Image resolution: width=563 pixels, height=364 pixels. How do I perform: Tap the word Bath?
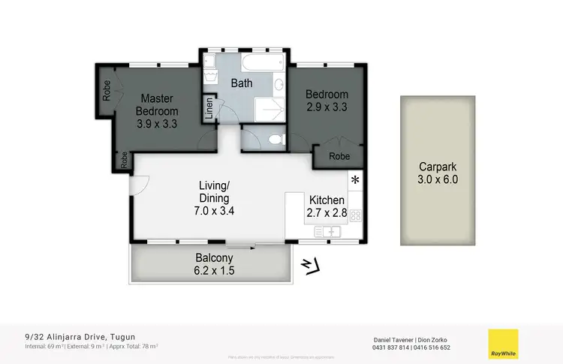click(x=241, y=83)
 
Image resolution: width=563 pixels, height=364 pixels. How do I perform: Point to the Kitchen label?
click(x=327, y=200)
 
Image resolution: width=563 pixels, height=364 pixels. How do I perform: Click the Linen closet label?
click(x=209, y=110)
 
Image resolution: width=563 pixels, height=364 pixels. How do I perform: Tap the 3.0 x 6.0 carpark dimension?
click(x=438, y=179)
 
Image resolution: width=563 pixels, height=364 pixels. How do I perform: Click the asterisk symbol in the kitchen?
click(x=355, y=180)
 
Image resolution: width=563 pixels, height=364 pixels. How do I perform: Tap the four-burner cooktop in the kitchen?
click(x=355, y=215)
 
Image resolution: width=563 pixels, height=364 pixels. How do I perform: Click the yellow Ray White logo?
click(x=503, y=344)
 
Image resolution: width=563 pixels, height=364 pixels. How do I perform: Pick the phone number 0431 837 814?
click(x=392, y=347)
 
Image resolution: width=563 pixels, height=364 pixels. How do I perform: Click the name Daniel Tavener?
click(x=391, y=339)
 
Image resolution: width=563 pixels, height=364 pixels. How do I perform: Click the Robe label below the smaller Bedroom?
click(x=339, y=157)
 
